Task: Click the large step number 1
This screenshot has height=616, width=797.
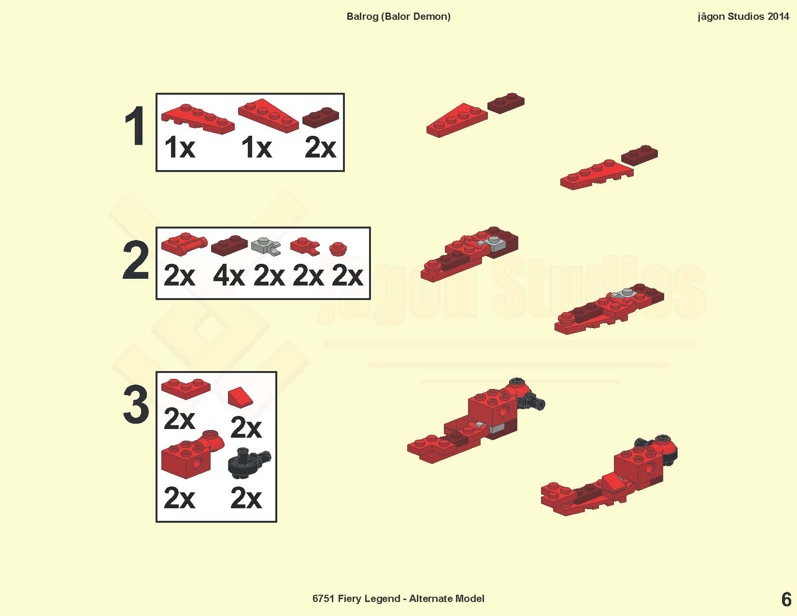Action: pyautogui.click(x=135, y=126)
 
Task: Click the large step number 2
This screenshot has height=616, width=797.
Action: pyautogui.click(x=135, y=260)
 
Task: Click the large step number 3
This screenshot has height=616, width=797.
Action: pyautogui.click(x=136, y=404)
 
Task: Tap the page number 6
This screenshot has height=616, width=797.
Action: pyautogui.click(x=786, y=600)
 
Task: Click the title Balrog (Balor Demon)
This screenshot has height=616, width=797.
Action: pyautogui.click(x=398, y=16)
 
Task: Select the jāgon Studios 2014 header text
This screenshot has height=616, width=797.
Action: pyautogui.click(x=743, y=16)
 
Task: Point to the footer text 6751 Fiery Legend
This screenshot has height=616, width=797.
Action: pyautogui.click(x=356, y=599)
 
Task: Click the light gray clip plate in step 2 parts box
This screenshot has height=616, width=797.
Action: pyautogui.click(x=266, y=246)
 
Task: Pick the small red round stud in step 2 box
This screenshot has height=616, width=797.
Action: pyautogui.click(x=338, y=249)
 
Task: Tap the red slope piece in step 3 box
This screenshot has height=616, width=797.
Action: pyautogui.click(x=240, y=397)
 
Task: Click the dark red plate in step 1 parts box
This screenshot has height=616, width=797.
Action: pyautogui.click(x=321, y=117)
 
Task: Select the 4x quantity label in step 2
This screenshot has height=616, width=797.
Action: pyautogui.click(x=229, y=276)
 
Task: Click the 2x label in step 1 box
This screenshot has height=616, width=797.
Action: pyautogui.click(x=321, y=147)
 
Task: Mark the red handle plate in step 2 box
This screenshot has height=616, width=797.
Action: pyautogui.click(x=184, y=244)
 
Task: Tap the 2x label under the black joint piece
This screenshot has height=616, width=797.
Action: pyautogui.click(x=246, y=498)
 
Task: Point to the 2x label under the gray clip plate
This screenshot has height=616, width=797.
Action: pyautogui.click(x=269, y=276)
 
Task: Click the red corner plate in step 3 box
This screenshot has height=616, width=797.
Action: pyautogui.click(x=186, y=388)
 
